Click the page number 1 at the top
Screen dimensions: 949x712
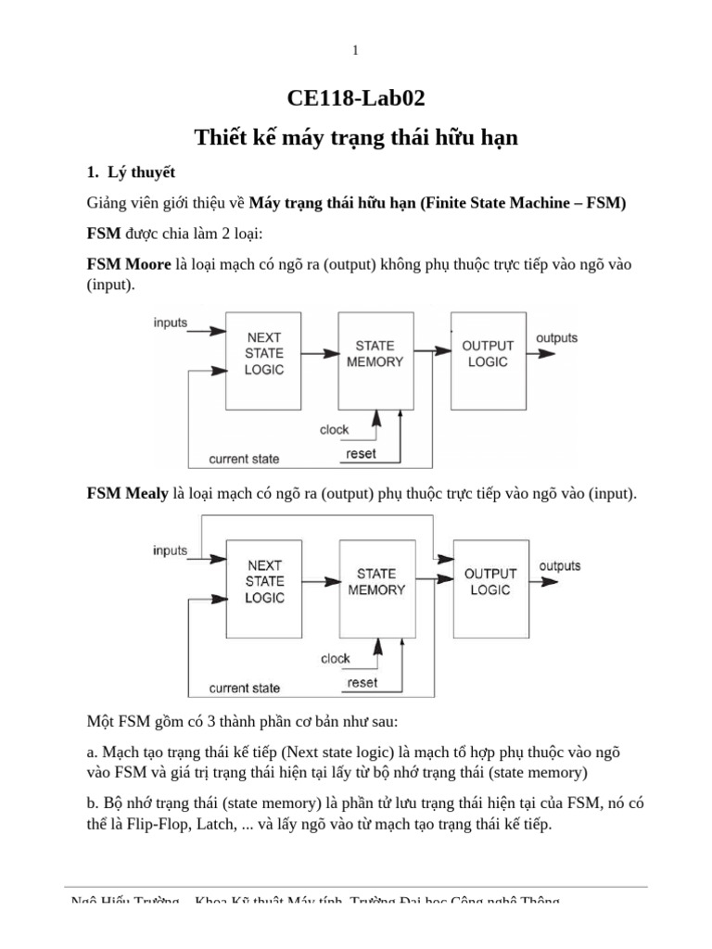[x=355, y=51]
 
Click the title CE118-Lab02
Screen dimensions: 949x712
[x=356, y=99]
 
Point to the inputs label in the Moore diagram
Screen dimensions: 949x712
[x=170, y=323]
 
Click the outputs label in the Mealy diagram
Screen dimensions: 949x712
[x=560, y=565]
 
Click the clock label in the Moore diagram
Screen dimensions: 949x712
[x=335, y=430]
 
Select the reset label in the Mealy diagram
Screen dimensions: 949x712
[x=362, y=682]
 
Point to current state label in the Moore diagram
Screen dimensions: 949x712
[x=244, y=459]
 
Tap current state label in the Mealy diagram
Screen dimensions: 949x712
[x=245, y=688]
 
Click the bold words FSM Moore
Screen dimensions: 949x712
[x=129, y=265]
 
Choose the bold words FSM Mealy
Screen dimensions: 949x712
[x=128, y=494]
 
